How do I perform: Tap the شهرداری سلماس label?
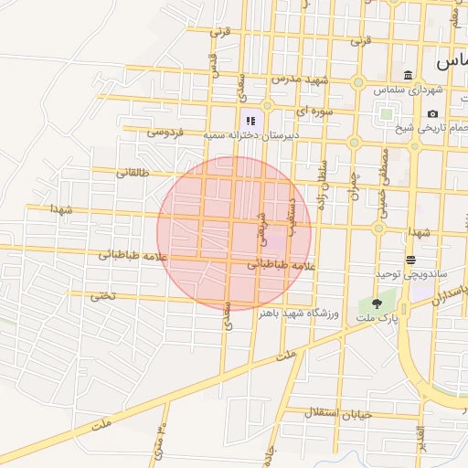tap(408, 90)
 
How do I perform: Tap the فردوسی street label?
tap(165, 133)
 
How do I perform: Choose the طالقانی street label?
tap(132, 172)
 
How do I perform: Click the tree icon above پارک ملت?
tap(375, 303)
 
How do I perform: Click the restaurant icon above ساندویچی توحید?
tap(410, 260)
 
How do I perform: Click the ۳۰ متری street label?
tap(159, 441)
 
